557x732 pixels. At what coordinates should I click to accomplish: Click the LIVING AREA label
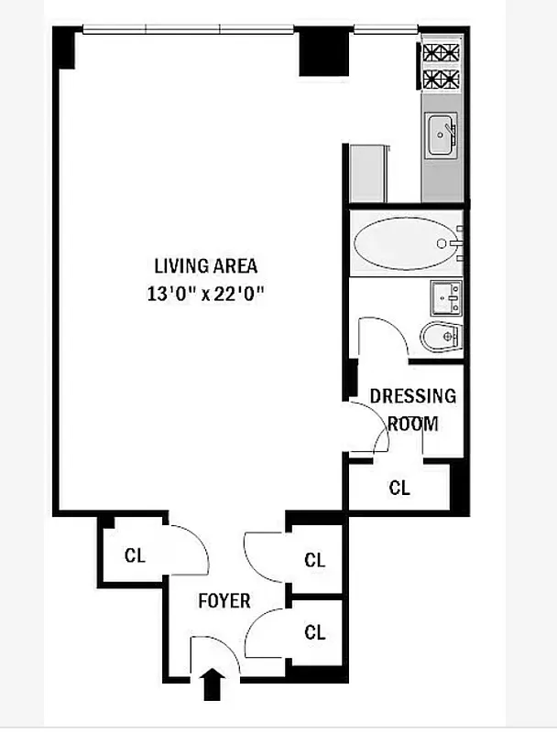[x=205, y=266]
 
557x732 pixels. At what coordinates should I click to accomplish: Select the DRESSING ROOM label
[x=412, y=409]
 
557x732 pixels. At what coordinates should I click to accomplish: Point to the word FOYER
[x=224, y=601]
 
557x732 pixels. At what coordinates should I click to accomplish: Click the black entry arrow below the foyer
[x=212, y=685]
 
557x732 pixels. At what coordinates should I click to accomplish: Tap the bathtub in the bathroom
[x=402, y=243]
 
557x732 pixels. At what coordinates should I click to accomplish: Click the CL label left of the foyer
[x=135, y=555]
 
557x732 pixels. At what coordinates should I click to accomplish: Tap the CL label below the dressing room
[x=399, y=488]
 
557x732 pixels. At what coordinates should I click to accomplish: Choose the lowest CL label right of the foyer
[x=315, y=631]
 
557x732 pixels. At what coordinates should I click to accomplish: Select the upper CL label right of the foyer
[x=315, y=560]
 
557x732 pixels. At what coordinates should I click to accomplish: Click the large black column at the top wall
[x=319, y=53]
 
